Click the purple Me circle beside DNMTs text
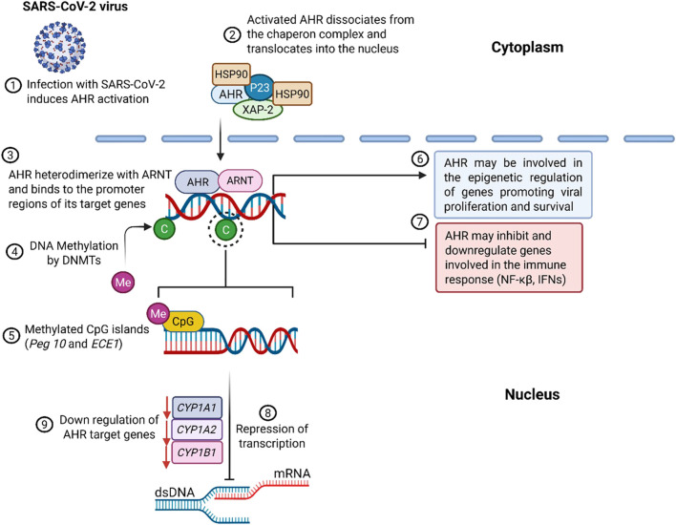coord(121,283)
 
